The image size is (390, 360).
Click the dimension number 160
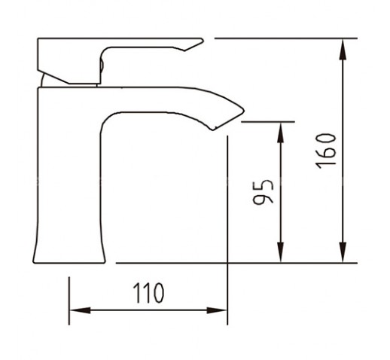click(326, 151)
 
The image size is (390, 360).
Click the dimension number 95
click(263, 192)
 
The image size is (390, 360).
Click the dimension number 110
click(148, 293)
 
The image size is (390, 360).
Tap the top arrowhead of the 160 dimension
click(343, 49)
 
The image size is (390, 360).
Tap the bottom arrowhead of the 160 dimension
click(343, 252)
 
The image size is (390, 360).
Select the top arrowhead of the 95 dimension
click(281, 133)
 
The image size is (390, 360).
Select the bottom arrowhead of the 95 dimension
click(281, 252)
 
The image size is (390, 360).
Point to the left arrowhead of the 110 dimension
click(80, 310)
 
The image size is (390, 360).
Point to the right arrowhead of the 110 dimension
click(217, 310)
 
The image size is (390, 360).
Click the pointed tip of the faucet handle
click(203, 40)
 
